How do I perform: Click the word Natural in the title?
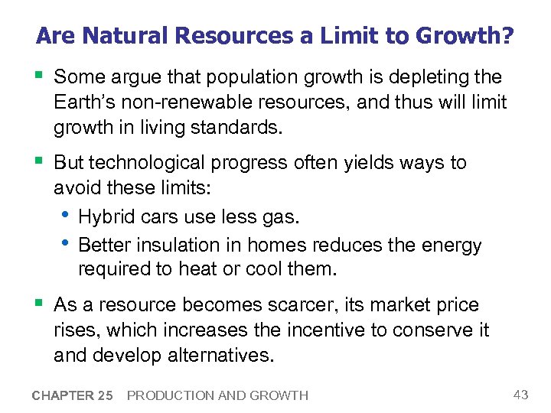tap(117, 36)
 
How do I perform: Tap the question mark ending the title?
tap(507, 36)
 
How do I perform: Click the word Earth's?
tap(86, 103)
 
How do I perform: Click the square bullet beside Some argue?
tap(40, 76)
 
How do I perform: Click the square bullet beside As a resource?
tap(40, 304)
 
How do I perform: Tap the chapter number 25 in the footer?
tap(104, 395)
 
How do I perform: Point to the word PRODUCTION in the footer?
tap(165, 395)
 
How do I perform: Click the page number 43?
tap(520, 394)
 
